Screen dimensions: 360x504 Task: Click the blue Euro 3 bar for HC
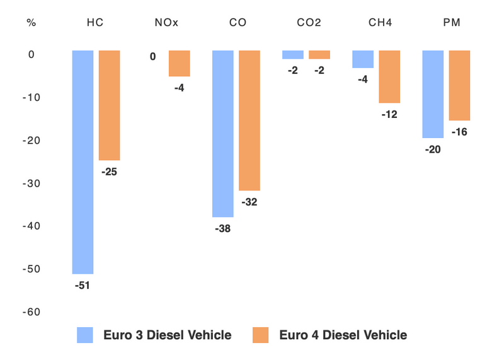tap(83, 162)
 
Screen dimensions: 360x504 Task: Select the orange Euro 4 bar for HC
tap(110, 105)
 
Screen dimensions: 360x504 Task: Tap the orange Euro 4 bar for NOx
tap(179, 63)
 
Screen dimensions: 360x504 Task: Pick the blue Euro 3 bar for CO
tap(223, 134)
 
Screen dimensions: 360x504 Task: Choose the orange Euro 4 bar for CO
tap(249, 120)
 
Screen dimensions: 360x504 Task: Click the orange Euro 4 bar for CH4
tap(389, 76)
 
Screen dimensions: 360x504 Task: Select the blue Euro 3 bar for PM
tap(433, 94)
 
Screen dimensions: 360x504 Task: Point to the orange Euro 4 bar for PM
tap(459, 85)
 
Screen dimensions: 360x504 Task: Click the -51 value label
tap(83, 285)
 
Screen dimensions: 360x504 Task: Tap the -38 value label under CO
tap(223, 229)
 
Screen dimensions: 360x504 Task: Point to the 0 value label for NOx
tap(152, 57)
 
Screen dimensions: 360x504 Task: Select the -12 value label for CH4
tap(389, 115)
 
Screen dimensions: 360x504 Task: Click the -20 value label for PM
tap(433, 149)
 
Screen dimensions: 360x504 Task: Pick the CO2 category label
tap(309, 23)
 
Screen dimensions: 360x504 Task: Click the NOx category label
tap(166, 23)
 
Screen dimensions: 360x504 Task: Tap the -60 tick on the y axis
tap(32, 312)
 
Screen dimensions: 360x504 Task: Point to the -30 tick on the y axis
tap(32, 183)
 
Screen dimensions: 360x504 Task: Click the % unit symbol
tap(31, 23)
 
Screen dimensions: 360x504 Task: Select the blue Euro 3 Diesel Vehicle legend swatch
tap(85, 335)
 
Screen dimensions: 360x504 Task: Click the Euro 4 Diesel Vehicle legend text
tap(343, 335)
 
